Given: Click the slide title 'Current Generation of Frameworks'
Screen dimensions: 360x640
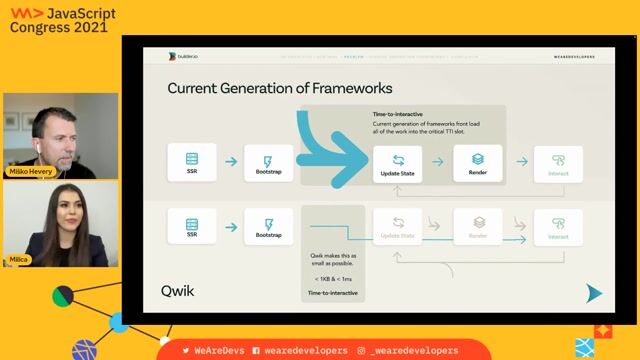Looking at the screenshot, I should [279, 88].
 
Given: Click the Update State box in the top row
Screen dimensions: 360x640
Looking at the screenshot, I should [398, 163].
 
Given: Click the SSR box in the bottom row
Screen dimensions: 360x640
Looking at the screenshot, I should [191, 226].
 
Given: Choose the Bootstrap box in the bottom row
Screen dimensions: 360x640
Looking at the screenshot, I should [268, 226].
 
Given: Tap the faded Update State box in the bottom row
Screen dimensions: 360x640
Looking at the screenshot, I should [398, 226].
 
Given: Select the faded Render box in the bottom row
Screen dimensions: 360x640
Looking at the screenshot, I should [478, 226].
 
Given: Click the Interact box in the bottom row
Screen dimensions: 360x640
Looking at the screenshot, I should [558, 226].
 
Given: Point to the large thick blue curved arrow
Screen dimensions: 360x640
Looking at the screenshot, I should [330, 150].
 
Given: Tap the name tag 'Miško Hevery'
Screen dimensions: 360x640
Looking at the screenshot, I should [30, 172].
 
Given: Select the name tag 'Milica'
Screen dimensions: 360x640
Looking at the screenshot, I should [19, 259].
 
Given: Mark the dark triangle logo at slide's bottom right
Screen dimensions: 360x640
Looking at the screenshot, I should [594, 292].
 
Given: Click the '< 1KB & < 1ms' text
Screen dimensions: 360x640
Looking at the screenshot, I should [333, 276].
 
